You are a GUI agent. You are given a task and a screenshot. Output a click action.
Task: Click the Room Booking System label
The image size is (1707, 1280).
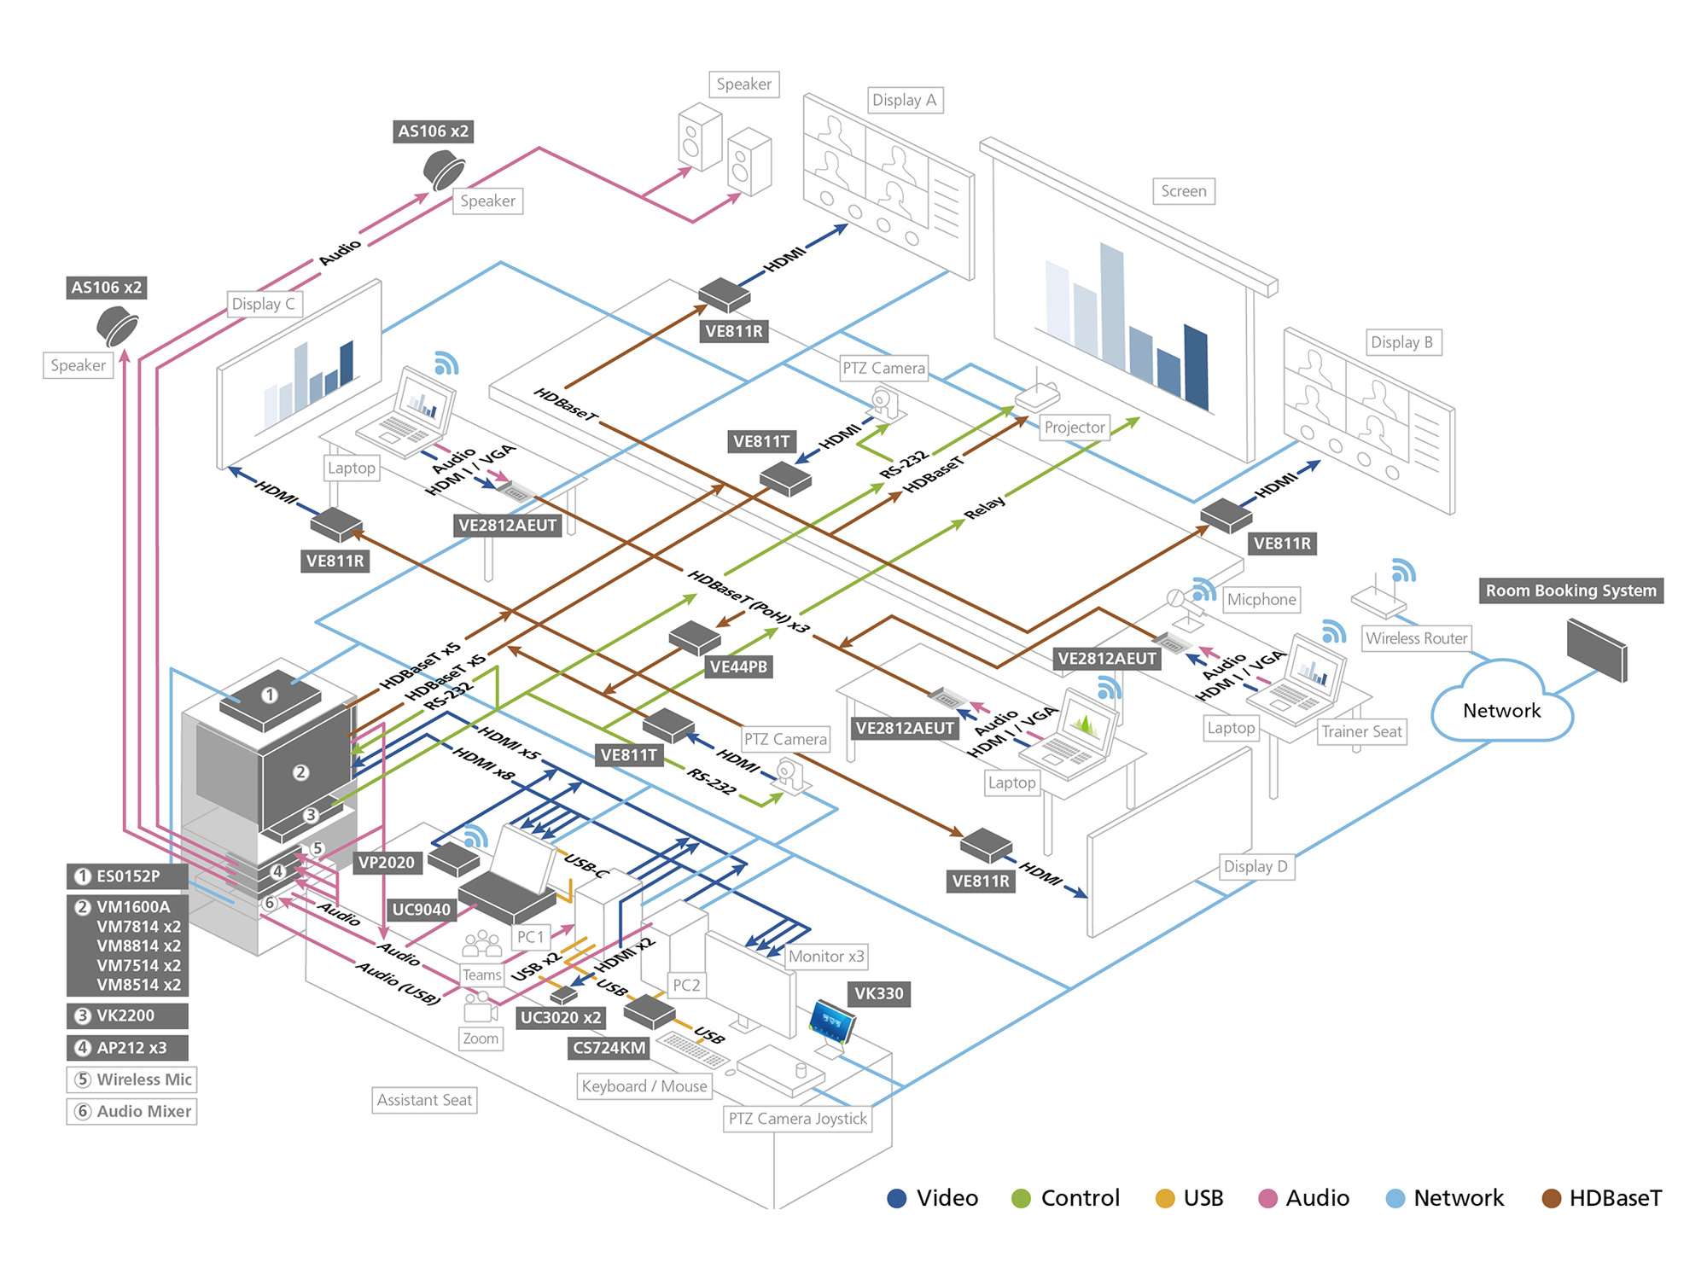pos(1570,591)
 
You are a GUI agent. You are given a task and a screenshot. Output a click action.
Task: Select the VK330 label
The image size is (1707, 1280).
pos(878,993)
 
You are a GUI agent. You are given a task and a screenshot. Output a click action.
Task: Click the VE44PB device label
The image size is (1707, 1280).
pos(738,666)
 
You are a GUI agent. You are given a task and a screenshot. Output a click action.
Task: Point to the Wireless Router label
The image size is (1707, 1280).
pos(1416,638)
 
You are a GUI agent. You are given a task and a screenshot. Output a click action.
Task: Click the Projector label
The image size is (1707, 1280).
pos(1075,427)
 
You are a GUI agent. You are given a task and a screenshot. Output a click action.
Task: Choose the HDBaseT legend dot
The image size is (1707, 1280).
pos(1551,1199)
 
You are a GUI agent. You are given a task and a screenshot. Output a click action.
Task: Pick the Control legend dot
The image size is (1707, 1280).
pos(1021,1199)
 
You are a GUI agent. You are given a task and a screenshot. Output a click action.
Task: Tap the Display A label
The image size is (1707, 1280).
pos(904,100)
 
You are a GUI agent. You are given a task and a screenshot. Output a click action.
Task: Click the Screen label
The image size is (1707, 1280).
pos(1183,191)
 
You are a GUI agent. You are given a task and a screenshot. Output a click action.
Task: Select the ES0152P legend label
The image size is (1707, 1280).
pos(127,876)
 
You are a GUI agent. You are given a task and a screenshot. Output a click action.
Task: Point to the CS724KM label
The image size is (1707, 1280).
pos(609,1048)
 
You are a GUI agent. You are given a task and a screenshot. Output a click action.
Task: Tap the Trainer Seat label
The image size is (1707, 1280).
pos(1361,731)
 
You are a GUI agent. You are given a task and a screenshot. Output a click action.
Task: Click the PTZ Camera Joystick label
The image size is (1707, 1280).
pos(797,1119)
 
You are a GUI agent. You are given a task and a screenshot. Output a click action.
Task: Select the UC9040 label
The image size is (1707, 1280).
pos(421,910)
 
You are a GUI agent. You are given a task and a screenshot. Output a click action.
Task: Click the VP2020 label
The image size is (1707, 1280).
pos(386,863)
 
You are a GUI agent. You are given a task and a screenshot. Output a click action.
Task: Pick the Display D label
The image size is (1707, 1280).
pos(1255,866)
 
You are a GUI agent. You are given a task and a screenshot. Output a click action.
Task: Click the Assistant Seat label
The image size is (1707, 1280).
pos(424,1100)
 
